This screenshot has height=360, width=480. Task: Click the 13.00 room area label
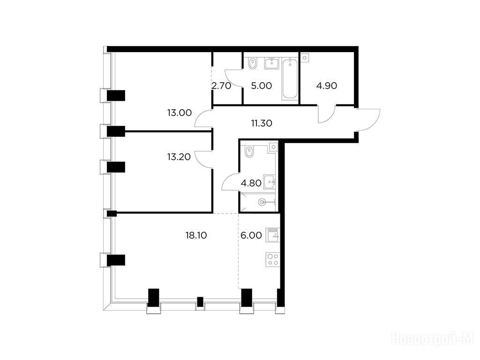(180, 112)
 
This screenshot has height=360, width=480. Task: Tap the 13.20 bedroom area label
(179, 157)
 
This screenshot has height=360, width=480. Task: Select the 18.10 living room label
(196, 235)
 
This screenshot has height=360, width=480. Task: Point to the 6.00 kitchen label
(251, 235)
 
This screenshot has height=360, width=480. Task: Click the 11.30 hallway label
(262, 123)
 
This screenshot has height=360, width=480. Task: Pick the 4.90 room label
(327, 85)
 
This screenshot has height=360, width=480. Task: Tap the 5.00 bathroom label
(262, 85)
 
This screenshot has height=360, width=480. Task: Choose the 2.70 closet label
(221, 85)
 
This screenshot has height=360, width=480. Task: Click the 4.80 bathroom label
(251, 183)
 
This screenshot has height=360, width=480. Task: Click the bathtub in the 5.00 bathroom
(290, 79)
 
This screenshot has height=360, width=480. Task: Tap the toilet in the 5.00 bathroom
(253, 63)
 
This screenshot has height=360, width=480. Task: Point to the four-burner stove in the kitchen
(273, 259)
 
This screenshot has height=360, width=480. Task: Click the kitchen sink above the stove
(273, 235)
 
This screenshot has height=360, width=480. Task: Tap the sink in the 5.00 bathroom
(272, 63)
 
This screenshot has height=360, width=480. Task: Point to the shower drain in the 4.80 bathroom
(262, 202)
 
